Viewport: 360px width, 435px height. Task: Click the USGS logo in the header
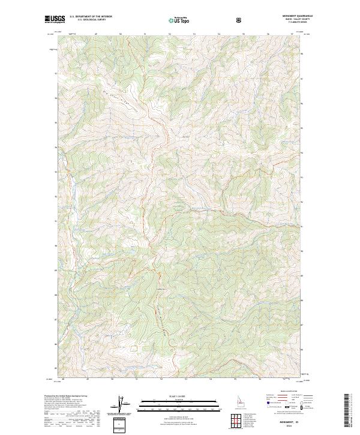55,19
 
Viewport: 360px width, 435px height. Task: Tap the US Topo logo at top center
179,20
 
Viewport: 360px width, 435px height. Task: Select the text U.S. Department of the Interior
91,17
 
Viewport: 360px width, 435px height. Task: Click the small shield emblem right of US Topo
240,20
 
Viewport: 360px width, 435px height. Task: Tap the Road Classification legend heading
287,391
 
